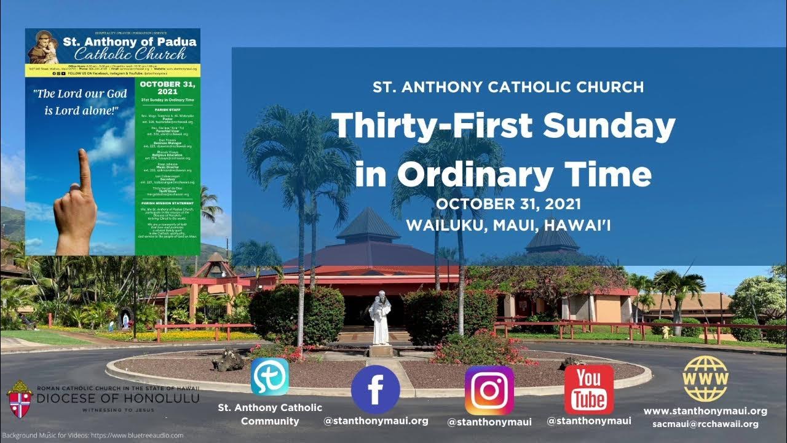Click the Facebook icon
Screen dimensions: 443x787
point(375,389)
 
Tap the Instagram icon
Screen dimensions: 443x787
point(489,390)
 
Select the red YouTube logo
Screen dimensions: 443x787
point(589,389)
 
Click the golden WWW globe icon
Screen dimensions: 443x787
point(705,378)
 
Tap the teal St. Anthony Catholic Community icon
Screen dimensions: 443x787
point(269,377)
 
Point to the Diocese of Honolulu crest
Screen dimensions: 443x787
point(20,399)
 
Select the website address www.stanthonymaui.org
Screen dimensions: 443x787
point(705,410)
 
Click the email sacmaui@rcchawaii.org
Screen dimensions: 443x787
point(705,424)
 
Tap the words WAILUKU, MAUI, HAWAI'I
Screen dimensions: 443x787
point(508,225)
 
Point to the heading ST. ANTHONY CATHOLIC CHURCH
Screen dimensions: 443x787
point(508,87)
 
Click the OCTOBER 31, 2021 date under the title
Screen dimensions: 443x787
point(508,204)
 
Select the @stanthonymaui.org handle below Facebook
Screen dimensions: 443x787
point(376,421)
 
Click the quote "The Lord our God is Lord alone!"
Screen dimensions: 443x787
point(81,102)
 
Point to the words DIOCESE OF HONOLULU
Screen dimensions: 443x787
point(117,399)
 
